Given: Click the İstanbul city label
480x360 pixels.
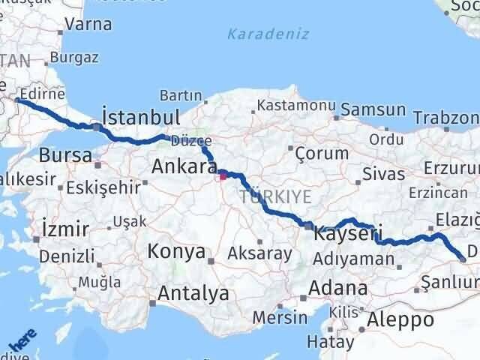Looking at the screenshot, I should [x=140, y=118].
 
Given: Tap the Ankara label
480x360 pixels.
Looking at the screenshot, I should [x=184, y=166].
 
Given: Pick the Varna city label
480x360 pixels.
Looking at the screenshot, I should [x=88, y=24].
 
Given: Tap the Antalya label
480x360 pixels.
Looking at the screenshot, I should [x=194, y=293].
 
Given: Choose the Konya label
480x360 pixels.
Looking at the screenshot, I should [x=176, y=251].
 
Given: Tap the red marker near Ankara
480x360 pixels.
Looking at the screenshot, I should [x=223, y=177].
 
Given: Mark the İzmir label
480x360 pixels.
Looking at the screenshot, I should [x=66, y=229].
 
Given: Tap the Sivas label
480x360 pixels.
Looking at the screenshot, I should [x=383, y=173].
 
